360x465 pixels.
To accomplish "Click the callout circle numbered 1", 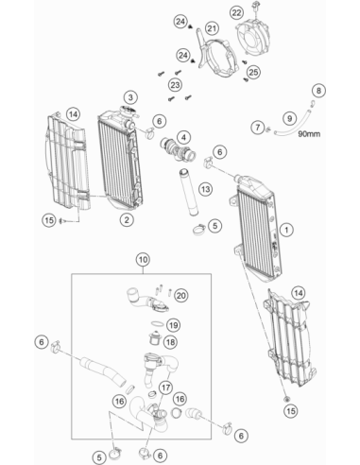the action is [x=286, y=230].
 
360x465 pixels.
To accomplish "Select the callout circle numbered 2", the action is [x=127, y=219].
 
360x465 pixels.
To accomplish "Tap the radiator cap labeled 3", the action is [x=128, y=112].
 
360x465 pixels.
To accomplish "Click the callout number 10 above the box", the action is [x=143, y=260].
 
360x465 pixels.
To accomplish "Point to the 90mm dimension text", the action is [x=309, y=134].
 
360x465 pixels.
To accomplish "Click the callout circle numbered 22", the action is [x=236, y=13].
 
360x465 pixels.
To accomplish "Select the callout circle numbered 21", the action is [x=212, y=28].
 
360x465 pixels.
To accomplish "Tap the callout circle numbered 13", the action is [x=205, y=189].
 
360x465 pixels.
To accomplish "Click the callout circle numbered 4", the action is [x=183, y=137].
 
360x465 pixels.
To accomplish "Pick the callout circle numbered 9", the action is [x=289, y=119].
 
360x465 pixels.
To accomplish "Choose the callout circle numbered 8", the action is [x=318, y=91].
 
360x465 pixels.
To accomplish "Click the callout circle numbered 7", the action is [x=258, y=128].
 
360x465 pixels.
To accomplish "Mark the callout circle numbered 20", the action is [x=181, y=296].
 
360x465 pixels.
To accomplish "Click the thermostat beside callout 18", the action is [x=155, y=339].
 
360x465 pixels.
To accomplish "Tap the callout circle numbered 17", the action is [x=166, y=387].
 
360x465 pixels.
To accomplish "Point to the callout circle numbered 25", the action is [x=253, y=72].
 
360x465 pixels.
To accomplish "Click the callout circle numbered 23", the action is [x=175, y=85].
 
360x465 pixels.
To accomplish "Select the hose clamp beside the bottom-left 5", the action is [x=114, y=454].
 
